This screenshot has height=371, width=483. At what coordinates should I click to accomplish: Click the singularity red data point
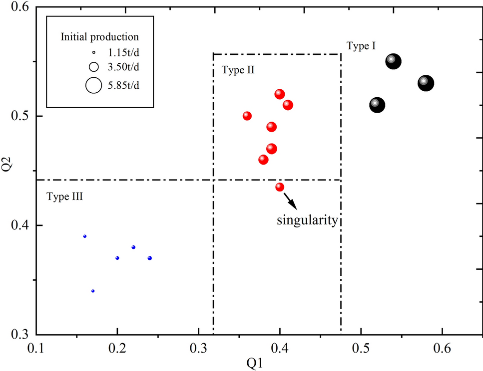(280, 187)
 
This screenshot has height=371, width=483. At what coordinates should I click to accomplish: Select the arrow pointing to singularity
(289, 201)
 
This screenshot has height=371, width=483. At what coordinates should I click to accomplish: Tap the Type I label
(361, 46)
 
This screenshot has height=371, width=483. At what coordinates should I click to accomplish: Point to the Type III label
(64, 196)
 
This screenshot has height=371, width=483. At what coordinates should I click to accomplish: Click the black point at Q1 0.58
(425, 83)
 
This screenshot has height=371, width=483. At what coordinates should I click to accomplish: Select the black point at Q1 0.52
(377, 105)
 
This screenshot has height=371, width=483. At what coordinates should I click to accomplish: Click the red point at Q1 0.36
(247, 116)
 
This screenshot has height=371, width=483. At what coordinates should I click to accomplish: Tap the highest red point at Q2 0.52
(280, 94)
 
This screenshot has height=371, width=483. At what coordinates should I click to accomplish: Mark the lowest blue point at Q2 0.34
(93, 291)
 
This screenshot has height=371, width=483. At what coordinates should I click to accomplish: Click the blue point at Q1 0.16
(85, 236)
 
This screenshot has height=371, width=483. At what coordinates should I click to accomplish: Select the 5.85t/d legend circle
(93, 85)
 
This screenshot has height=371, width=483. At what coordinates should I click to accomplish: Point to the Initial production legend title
(99, 37)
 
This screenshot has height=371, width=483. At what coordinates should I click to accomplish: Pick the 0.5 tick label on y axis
(21, 116)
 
